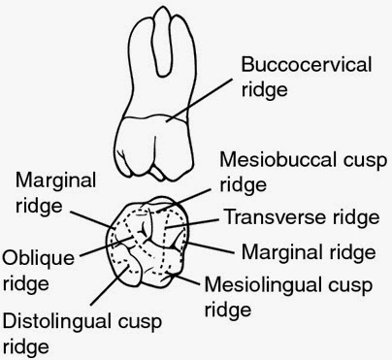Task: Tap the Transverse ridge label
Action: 296,217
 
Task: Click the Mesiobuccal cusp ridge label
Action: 298,171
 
